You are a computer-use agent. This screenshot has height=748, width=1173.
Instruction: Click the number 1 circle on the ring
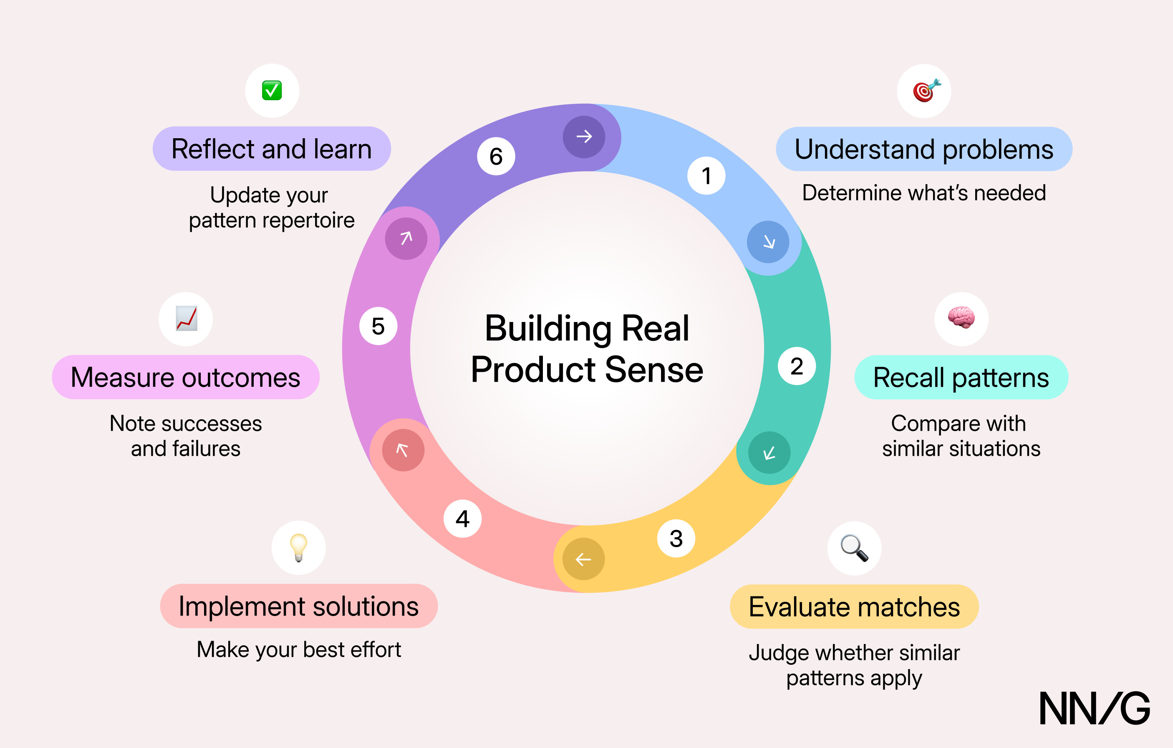click(706, 175)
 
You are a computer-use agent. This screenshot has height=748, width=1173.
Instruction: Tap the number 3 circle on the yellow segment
click(676, 538)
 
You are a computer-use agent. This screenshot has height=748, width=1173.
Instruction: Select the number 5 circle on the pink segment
click(378, 326)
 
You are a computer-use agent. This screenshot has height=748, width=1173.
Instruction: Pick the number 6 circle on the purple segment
click(496, 156)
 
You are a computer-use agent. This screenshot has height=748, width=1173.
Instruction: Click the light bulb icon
click(299, 548)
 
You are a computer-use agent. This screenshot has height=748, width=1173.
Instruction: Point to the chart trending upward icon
click(187, 318)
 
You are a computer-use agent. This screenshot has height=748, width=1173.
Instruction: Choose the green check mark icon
click(272, 90)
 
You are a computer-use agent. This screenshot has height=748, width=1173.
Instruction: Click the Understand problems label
click(924, 149)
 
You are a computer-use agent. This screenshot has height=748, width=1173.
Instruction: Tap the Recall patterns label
click(961, 378)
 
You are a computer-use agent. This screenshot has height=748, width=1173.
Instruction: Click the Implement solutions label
click(299, 606)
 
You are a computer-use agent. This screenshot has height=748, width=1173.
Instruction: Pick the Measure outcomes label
click(186, 377)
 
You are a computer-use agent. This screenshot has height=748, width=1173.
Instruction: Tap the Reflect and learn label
click(272, 148)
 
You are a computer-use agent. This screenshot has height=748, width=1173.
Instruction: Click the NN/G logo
click(1095, 707)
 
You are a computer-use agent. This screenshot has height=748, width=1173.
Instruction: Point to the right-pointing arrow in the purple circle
click(584, 137)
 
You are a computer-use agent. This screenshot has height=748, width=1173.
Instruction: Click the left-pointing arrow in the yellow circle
click(583, 559)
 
